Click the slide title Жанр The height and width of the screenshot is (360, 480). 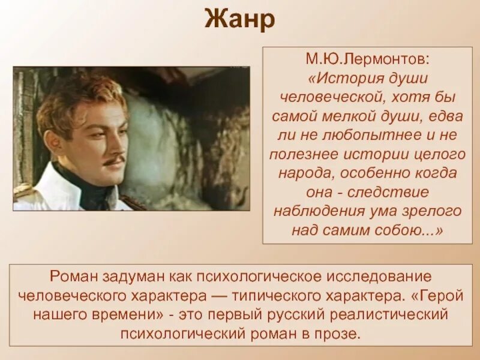tap(240, 19)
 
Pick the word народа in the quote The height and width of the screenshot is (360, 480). tap(304, 174)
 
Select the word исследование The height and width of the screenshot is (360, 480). tap(380, 278)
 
